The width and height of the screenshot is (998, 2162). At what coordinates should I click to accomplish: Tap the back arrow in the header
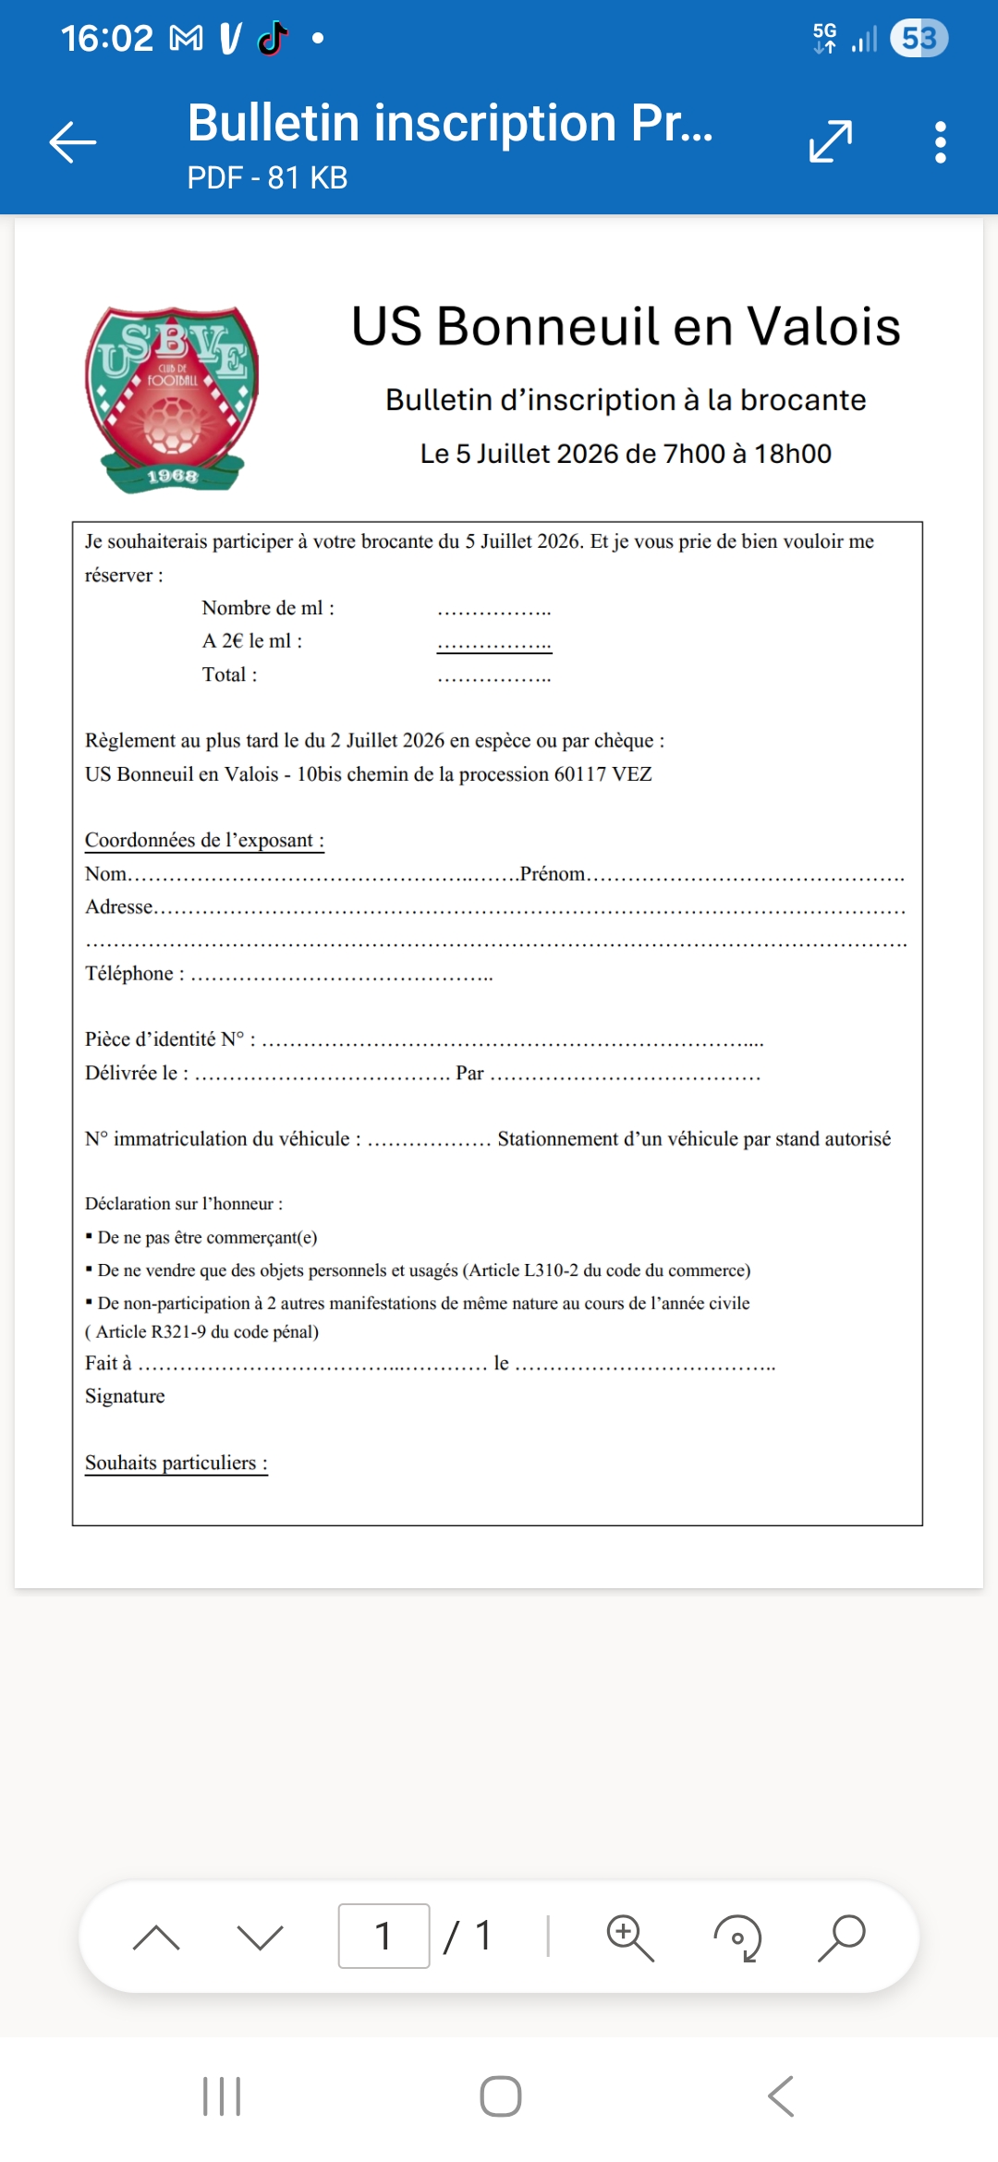click(x=73, y=142)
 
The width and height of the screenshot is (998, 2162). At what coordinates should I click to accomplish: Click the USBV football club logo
click(x=172, y=398)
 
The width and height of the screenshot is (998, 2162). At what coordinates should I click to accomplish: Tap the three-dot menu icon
click(x=940, y=142)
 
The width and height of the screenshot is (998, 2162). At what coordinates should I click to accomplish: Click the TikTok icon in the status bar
click(x=273, y=39)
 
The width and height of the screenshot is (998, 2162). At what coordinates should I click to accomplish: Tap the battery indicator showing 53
click(x=919, y=39)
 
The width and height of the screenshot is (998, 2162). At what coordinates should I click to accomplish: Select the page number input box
click(x=383, y=1936)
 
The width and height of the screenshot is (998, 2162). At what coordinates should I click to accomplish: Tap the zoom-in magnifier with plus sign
click(x=629, y=1937)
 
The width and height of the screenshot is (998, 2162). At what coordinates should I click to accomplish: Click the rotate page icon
click(x=737, y=1937)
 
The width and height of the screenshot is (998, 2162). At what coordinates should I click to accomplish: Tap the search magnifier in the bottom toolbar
click(x=842, y=1937)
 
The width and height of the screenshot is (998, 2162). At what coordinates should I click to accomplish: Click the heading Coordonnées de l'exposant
click(x=204, y=840)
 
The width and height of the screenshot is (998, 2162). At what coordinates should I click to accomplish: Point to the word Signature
click(x=125, y=1396)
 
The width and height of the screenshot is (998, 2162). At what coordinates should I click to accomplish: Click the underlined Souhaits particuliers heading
click(x=176, y=1463)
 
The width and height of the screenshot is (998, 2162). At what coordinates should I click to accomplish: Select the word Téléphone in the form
click(x=129, y=974)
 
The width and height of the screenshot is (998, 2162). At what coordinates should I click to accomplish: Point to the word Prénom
click(x=553, y=874)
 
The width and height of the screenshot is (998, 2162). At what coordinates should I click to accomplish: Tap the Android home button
click(x=500, y=2096)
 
